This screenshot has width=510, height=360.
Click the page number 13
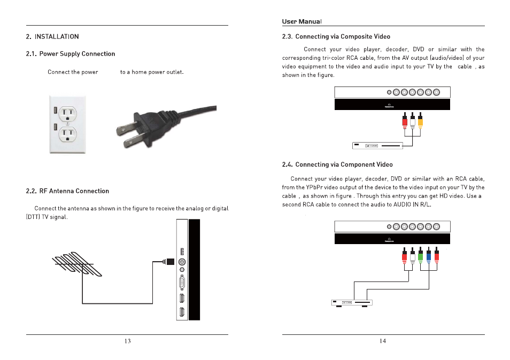pos(127,341)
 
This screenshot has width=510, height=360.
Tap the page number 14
pos(383,341)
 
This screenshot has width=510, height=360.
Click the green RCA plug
pos(421,258)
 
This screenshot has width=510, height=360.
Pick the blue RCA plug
pos(429,258)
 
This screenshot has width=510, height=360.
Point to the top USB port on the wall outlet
pos(56,111)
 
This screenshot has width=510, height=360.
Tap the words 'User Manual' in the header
pos(302,22)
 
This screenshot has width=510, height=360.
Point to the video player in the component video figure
pos(351,303)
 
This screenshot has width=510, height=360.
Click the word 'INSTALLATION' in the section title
pos(57,37)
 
